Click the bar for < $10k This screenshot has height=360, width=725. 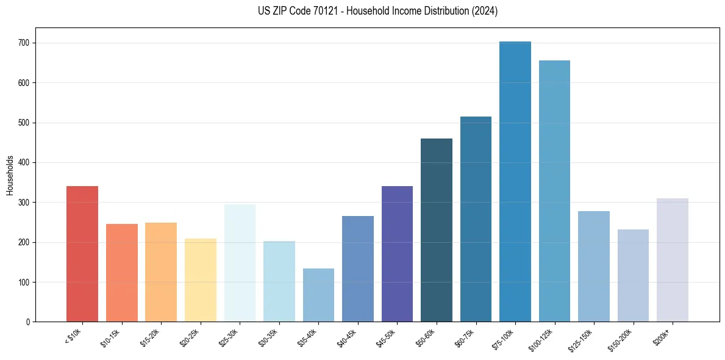[x=82, y=254]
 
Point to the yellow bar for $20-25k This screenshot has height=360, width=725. [x=201, y=280]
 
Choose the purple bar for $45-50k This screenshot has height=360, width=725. [x=397, y=254]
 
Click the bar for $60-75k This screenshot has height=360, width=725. [x=476, y=219]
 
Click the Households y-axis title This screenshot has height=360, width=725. [x=10, y=175]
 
